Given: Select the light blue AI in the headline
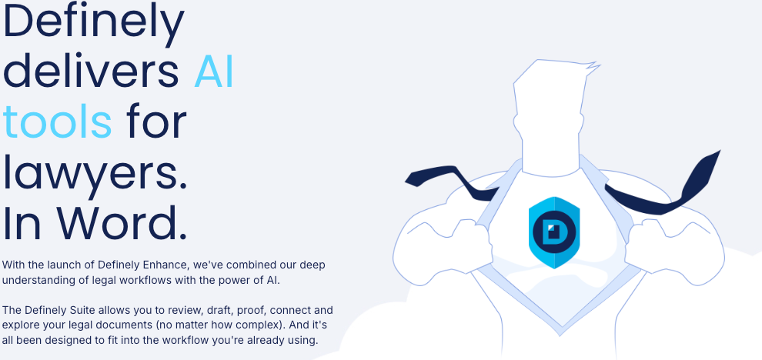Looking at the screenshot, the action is pyautogui.click(x=214, y=72).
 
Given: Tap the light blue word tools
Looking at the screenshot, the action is pyautogui.click(x=58, y=122).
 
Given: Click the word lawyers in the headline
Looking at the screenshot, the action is pyautogui.click(x=95, y=173).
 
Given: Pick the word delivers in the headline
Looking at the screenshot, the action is pyautogui.click(x=91, y=72).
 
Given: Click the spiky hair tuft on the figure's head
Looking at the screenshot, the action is pyautogui.click(x=592, y=66).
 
